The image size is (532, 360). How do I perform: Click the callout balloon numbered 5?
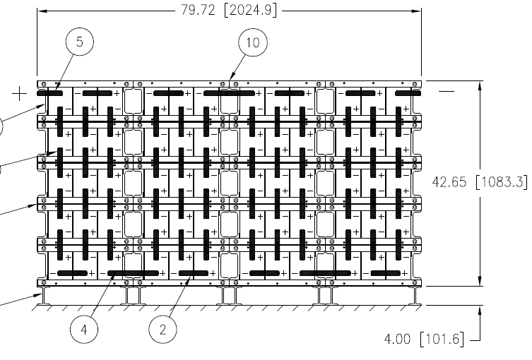point(79,42)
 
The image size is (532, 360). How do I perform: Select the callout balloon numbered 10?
point(253,42)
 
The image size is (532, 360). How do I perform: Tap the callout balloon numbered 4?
point(84,329)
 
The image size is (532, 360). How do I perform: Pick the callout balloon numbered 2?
point(163,329)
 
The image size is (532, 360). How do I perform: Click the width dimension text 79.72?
point(198,10)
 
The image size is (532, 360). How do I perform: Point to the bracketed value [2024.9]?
point(250,10)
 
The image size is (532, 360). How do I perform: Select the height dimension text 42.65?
point(449,182)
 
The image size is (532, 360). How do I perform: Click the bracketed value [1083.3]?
point(502,182)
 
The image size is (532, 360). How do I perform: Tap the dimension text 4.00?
point(397,339)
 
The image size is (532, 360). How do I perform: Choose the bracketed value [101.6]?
point(442,339)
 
